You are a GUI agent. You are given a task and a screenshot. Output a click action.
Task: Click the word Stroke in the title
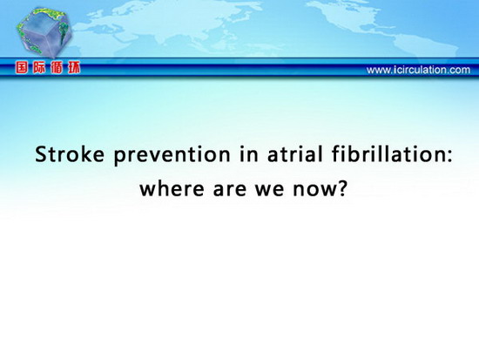[x=70, y=154]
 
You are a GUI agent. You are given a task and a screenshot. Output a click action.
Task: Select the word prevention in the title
[x=172, y=156]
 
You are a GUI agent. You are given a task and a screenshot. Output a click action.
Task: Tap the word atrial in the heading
[x=295, y=154]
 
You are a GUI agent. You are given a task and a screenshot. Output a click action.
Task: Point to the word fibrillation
[x=388, y=153]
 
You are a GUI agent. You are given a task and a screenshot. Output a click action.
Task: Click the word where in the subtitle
[x=172, y=187]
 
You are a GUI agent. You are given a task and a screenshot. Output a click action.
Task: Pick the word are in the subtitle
[x=230, y=189]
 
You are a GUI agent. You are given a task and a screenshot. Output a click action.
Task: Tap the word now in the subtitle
[x=315, y=189]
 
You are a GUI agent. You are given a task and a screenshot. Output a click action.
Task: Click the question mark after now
[x=343, y=187]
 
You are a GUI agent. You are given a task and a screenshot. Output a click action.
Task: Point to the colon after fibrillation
[x=449, y=156]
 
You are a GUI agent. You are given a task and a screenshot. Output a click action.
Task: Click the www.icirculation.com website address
[x=418, y=70]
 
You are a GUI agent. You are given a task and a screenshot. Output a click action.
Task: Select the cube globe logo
[x=44, y=33]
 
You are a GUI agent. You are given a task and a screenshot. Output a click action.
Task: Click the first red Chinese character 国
[x=22, y=68]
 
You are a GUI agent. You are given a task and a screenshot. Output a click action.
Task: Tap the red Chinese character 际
[x=39, y=68]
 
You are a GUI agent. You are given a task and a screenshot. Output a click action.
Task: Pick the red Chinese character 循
[x=57, y=68]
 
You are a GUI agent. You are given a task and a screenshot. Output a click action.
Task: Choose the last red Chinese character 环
[x=74, y=68]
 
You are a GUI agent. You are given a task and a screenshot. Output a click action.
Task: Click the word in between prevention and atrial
[x=249, y=154]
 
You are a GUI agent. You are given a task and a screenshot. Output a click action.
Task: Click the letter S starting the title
[x=41, y=154]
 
